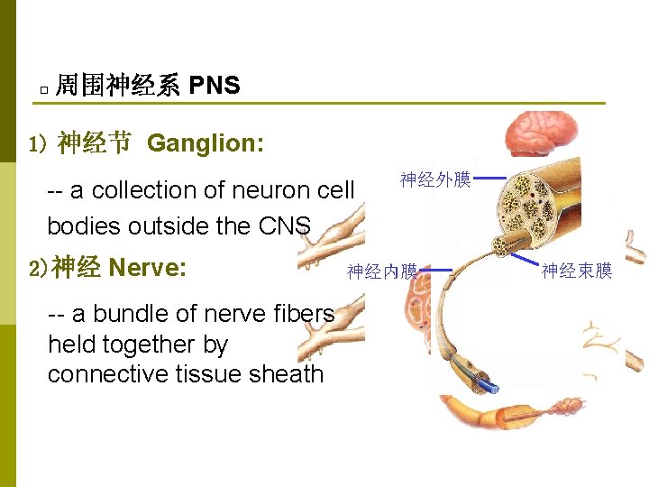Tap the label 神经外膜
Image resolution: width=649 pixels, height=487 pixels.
tap(436, 180)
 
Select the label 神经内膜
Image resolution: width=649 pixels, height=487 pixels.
tap(382, 271)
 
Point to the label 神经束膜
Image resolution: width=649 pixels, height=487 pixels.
tap(577, 271)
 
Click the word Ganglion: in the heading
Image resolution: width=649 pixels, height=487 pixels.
tap(206, 143)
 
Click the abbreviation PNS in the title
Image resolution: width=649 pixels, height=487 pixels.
tap(215, 86)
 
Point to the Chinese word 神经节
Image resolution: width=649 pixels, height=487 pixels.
tap(95, 143)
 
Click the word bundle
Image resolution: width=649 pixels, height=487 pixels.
tap(123, 314)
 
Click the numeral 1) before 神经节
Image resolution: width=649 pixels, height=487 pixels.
tap(37, 144)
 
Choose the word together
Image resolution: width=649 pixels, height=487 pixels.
tap(145, 345)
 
